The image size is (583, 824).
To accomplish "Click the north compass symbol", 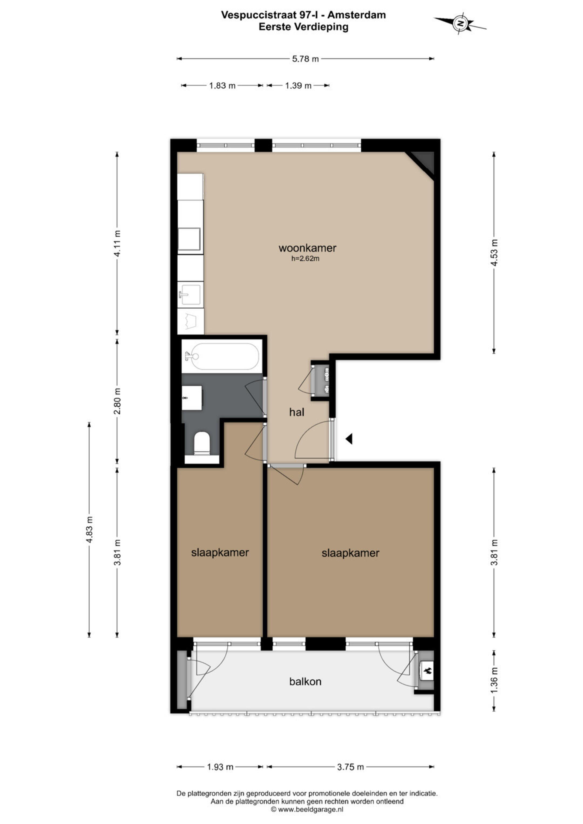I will [460, 24].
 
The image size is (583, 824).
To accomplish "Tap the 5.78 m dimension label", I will [305, 59].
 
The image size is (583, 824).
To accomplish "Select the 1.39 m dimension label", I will [298, 86].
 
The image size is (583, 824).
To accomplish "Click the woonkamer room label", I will [307, 248].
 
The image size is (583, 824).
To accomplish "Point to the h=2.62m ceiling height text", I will [305, 258].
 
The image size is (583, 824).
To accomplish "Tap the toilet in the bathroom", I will [202, 443].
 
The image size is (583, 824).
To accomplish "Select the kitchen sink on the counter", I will [190, 295].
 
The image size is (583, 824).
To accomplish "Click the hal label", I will [297, 412].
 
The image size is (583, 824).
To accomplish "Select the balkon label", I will [305, 681].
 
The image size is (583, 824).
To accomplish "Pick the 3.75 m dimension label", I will [350, 767].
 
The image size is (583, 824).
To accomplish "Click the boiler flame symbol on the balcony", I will [428, 670].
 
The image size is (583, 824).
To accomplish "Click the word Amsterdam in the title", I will [357, 15].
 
